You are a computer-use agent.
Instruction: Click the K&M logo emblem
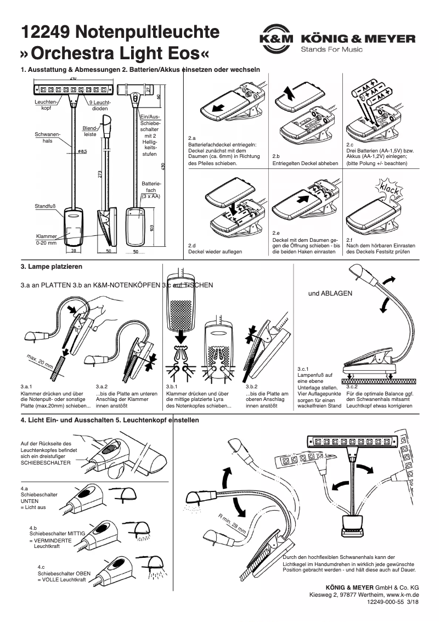pos(277,39)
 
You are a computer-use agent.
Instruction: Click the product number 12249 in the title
pos(44,33)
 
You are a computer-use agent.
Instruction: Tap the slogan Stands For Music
pos(331,50)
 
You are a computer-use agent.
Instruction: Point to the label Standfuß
pos(46,206)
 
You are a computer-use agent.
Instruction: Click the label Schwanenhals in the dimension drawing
pos(47,137)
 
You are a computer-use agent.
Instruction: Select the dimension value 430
pos(162,165)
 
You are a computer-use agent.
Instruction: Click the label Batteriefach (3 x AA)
pos(151,190)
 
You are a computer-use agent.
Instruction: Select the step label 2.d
pos(192,245)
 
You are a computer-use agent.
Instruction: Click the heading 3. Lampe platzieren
pos(51,267)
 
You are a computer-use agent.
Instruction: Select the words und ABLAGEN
pos(330,293)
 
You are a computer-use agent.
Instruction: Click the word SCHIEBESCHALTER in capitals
pos(46,463)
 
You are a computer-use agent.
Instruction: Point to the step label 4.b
pos(33,528)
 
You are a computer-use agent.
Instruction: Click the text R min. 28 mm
pos(232,524)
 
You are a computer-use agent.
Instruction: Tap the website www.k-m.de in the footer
pos(403,594)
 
